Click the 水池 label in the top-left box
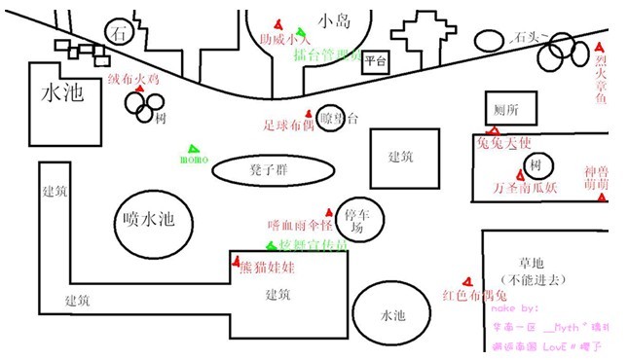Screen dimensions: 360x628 [x=62, y=93]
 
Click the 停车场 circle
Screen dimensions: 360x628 [x=356, y=219]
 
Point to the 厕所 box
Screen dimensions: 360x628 [x=510, y=109]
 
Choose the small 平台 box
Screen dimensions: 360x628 [x=376, y=62]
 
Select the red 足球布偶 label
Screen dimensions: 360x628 [x=289, y=125]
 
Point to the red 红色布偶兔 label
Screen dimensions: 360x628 [x=475, y=295]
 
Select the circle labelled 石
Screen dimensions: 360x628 [x=120, y=32]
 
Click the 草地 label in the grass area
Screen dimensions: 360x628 [x=531, y=263]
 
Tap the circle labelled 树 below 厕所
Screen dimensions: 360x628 [x=535, y=162]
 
